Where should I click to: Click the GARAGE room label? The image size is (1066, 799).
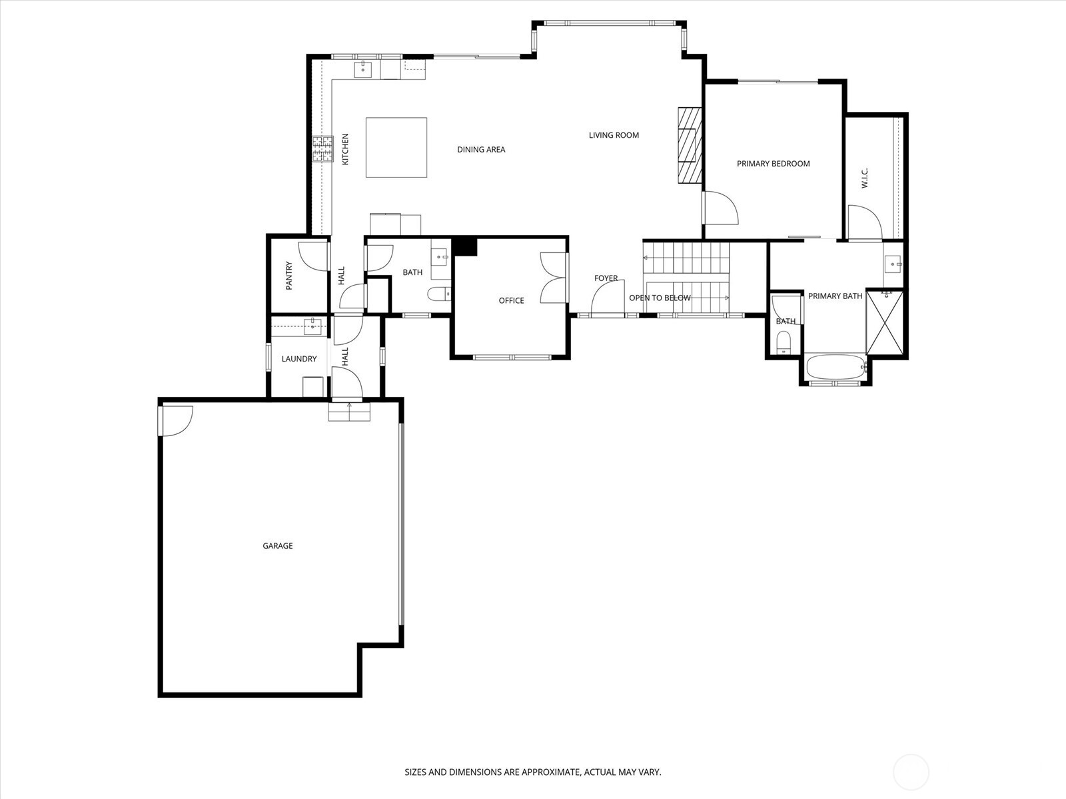277,546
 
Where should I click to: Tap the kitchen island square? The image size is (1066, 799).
396,148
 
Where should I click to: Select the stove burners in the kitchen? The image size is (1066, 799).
323,149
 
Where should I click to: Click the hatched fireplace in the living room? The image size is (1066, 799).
690,144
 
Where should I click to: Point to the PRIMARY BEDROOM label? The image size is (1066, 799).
773,164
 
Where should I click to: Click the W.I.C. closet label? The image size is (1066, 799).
865,178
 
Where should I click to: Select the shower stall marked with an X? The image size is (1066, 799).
885,324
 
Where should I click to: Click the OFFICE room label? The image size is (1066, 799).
511,301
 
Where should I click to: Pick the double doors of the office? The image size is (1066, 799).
552,278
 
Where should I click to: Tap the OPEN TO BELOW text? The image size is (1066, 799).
660,298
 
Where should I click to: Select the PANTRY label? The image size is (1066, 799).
289,275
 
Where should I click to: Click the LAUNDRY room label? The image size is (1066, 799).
298,359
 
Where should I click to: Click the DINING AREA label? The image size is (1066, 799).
480,150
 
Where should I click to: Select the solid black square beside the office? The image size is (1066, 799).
465,246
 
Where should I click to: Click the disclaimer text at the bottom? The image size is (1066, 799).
532,772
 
